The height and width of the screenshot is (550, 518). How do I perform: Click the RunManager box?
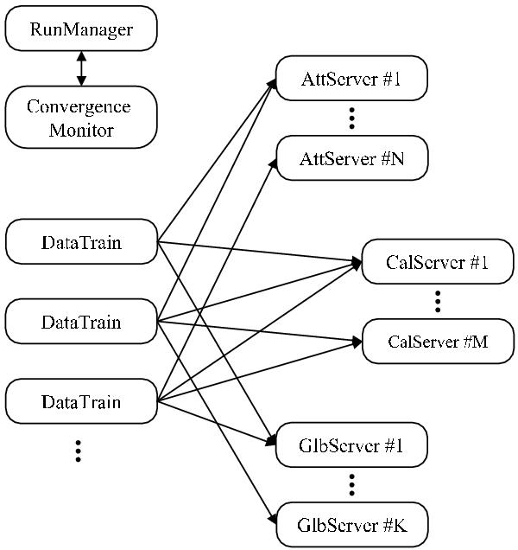(x=81, y=29)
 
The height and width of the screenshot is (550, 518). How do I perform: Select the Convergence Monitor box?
(x=81, y=118)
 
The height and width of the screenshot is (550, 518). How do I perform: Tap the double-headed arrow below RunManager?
(x=81, y=68)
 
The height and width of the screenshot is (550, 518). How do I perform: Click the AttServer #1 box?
(x=351, y=80)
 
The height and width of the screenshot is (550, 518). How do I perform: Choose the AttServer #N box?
(x=351, y=159)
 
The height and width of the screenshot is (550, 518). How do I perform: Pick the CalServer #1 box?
(x=438, y=262)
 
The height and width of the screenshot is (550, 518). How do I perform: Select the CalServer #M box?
(x=438, y=341)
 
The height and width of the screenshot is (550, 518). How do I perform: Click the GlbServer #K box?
(x=351, y=524)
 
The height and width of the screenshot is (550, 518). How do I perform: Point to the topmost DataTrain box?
(x=81, y=242)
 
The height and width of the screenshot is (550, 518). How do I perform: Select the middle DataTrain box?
(x=81, y=322)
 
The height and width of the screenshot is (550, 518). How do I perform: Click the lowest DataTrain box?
(x=81, y=401)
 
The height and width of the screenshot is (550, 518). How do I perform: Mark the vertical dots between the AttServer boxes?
(x=351, y=119)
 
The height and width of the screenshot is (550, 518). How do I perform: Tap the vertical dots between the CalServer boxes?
(x=438, y=301)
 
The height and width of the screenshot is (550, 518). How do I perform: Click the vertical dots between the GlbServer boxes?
(x=351, y=484)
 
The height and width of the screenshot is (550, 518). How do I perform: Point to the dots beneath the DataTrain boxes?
(x=78, y=451)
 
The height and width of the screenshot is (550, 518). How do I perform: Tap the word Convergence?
(x=79, y=106)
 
